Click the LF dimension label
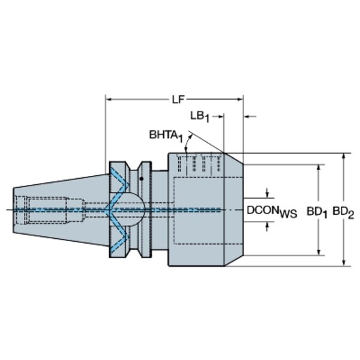(x=178, y=100)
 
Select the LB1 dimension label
(x=200, y=116)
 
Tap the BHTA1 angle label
(x=166, y=136)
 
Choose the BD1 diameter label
(x=317, y=213)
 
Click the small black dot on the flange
(x=142, y=178)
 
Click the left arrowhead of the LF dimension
(x=109, y=100)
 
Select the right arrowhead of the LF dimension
(x=240, y=100)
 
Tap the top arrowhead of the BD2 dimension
(x=343, y=156)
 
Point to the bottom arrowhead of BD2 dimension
(x=343, y=263)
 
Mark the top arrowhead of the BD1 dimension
(x=319, y=167)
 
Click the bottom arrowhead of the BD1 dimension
(x=319, y=252)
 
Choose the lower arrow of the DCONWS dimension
(x=267, y=227)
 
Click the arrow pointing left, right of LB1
(x=250, y=116)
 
